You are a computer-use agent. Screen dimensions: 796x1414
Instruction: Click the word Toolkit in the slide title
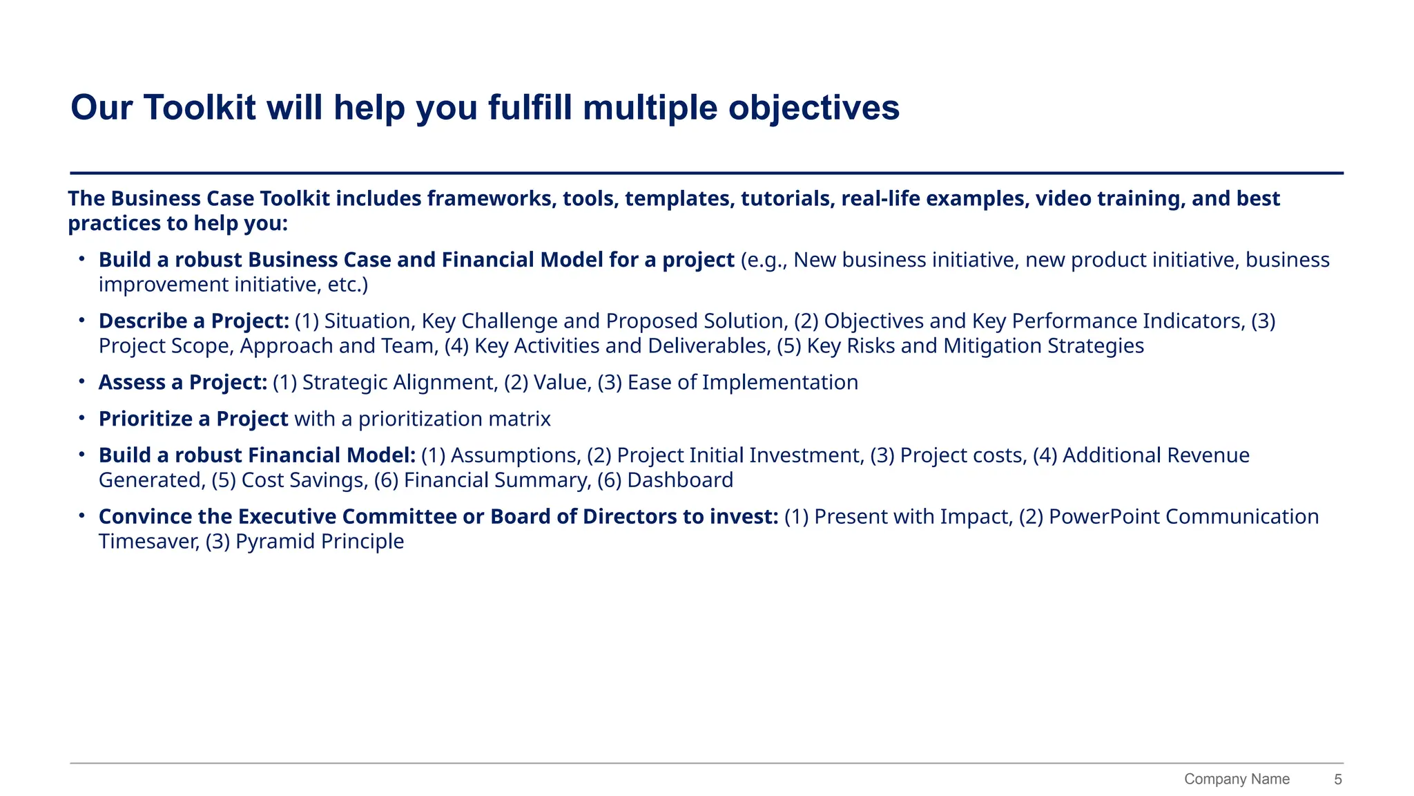point(200,108)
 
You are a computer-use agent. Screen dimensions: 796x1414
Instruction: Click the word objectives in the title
point(814,108)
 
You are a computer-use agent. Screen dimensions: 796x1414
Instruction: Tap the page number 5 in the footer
point(1337,779)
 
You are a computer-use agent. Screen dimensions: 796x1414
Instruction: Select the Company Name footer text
point(1237,779)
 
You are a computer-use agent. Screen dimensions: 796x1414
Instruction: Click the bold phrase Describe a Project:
point(194,321)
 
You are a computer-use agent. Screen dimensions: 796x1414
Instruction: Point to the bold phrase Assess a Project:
point(183,383)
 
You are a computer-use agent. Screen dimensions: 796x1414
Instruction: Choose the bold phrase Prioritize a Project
point(193,419)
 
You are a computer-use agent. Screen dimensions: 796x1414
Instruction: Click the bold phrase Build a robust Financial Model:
point(257,456)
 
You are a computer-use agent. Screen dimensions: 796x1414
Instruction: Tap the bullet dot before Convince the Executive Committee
point(81,515)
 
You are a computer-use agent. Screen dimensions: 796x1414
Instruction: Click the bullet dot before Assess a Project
point(81,381)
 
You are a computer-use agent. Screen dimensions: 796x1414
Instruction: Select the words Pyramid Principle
point(320,542)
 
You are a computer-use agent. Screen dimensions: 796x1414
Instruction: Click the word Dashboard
point(680,480)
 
